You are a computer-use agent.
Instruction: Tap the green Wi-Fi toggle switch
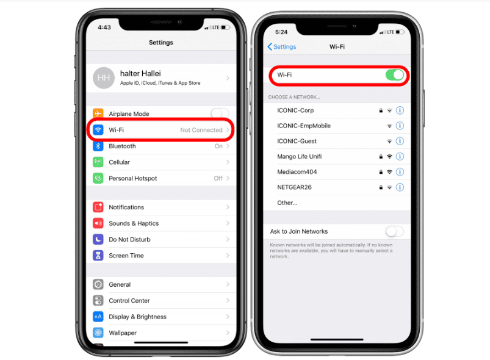(x=395, y=75)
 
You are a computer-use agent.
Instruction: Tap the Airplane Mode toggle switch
(x=220, y=113)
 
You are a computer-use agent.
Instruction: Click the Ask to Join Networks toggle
(x=394, y=231)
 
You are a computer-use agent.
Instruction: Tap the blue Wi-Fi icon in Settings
(x=98, y=130)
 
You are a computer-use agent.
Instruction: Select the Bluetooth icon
(x=98, y=146)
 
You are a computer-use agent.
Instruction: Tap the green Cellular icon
(x=98, y=162)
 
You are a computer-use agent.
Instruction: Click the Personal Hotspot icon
(x=98, y=178)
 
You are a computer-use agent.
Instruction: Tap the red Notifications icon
(x=98, y=207)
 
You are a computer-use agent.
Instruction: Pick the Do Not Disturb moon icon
(x=98, y=239)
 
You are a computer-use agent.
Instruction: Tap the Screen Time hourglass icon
(x=98, y=256)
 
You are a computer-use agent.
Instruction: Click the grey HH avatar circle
(x=104, y=78)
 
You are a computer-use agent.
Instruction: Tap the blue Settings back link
(x=282, y=46)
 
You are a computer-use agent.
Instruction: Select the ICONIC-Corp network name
(x=295, y=110)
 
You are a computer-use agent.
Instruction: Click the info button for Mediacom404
(x=400, y=172)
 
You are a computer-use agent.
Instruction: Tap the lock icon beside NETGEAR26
(x=381, y=187)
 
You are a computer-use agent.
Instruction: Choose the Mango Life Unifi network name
(x=300, y=156)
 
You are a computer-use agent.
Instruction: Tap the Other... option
(x=287, y=203)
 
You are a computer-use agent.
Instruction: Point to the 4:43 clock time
(x=104, y=27)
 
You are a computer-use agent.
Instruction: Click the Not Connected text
(x=201, y=130)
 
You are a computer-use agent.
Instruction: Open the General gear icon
(x=98, y=284)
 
